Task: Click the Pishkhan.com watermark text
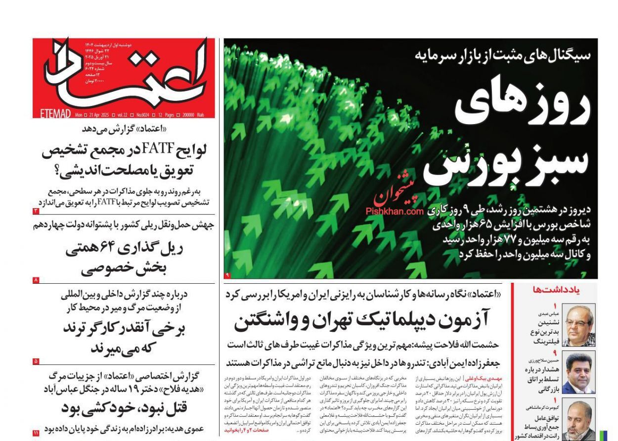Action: (x=395, y=211)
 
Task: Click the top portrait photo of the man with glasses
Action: (x=578, y=325)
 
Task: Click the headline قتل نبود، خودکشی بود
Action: (x=123, y=408)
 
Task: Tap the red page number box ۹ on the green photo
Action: (x=227, y=274)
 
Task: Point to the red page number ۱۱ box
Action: (x=36, y=433)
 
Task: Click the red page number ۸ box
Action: (x=36, y=280)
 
